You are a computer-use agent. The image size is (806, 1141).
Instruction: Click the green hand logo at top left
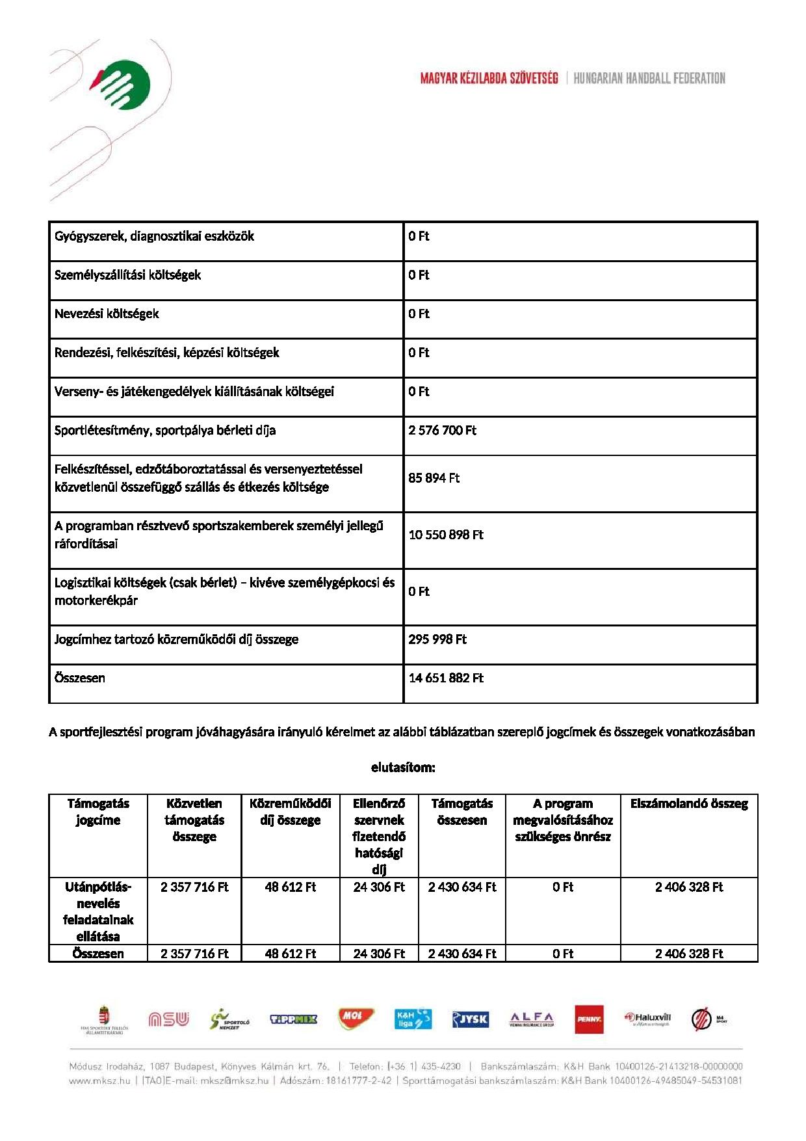[123, 85]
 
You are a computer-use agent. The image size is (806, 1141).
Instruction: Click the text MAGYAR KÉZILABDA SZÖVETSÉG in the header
[489, 79]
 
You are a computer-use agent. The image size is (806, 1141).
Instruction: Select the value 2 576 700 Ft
[442, 431]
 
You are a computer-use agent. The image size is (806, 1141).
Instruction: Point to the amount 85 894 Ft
[434, 478]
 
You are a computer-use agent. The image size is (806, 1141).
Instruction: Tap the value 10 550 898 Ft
[446, 535]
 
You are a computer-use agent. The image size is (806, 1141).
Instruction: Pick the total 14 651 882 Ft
[446, 678]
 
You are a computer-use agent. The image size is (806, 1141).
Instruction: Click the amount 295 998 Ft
[437, 639]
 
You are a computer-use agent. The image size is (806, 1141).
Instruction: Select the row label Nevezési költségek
[107, 314]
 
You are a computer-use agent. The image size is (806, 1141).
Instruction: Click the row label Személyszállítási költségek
[127, 275]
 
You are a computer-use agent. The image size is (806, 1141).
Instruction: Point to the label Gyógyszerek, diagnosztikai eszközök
[154, 236]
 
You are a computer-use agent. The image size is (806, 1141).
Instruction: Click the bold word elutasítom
[403, 768]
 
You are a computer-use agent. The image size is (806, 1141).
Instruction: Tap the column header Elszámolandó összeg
[689, 804]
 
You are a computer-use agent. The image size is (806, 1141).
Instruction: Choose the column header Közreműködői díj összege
[291, 812]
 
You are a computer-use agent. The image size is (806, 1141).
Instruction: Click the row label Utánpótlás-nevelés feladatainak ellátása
[98, 911]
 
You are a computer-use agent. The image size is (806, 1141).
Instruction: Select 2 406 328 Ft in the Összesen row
[689, 954]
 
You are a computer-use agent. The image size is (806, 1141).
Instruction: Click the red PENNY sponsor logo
[589, 1019]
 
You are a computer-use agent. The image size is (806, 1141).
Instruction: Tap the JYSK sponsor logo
[470, 1019]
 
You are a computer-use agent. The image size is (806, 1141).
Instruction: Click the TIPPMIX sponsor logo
[293, 1019]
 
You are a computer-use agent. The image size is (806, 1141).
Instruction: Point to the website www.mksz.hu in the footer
[99, 1081]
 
